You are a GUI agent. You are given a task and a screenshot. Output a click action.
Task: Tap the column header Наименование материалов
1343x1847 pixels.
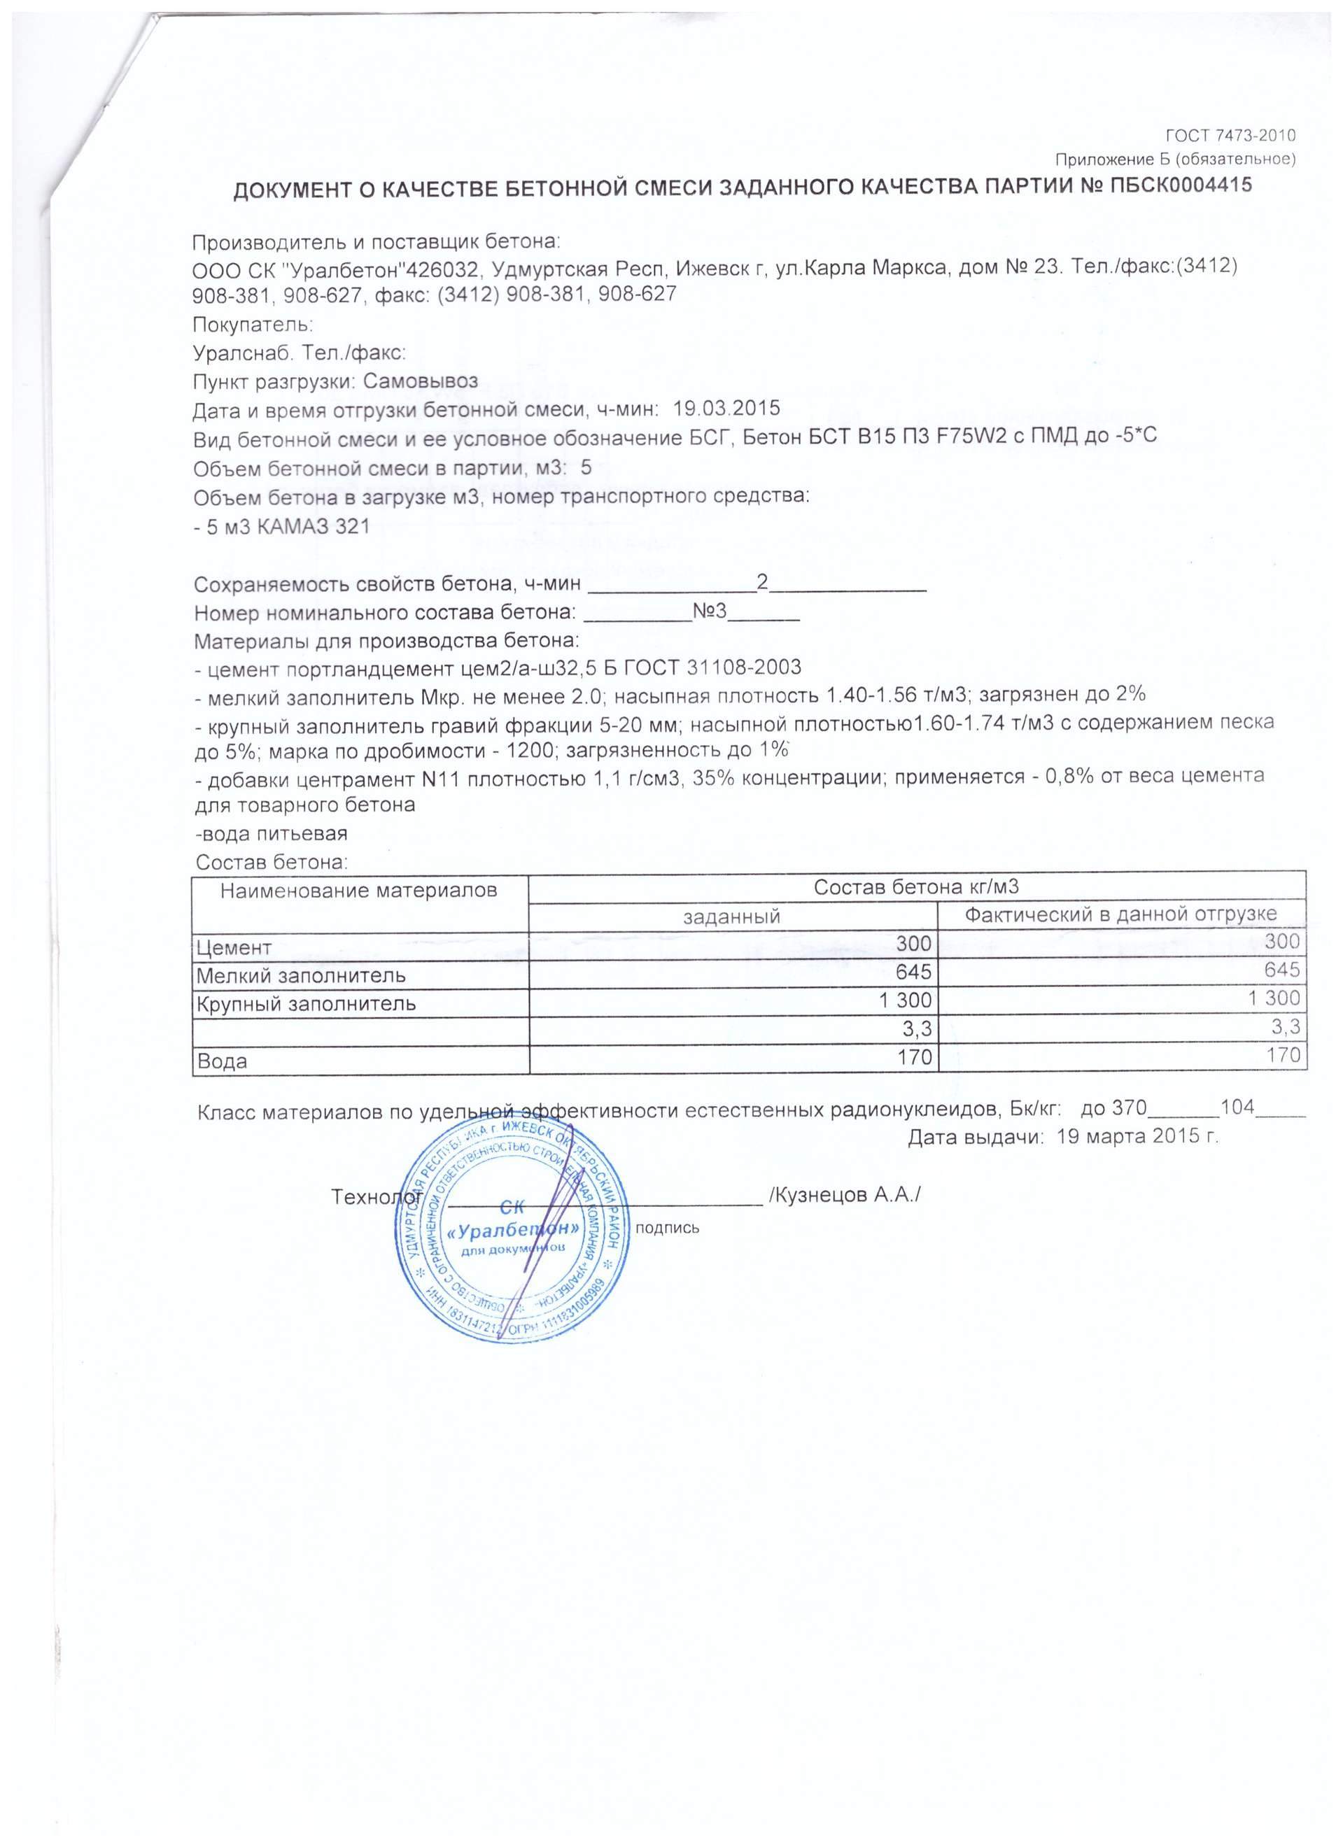point(359,890)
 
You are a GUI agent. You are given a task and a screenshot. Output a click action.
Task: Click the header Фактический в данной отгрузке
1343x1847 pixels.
point(1120,914)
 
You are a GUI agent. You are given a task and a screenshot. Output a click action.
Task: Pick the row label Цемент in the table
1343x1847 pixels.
point(234,947)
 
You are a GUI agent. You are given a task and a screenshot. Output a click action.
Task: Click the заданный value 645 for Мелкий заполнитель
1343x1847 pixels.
point(913,972)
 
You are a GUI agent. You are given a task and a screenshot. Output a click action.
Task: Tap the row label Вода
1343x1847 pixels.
point(220,1061)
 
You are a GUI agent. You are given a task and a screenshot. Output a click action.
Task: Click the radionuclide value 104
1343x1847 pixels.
point(1237,1108)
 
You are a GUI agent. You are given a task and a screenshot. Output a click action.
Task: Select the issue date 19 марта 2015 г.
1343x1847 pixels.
point(1137,1137)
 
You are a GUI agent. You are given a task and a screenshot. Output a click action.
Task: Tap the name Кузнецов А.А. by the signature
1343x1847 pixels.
point(845,1195)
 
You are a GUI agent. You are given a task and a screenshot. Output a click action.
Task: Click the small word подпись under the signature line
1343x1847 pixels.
point(666,1227)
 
